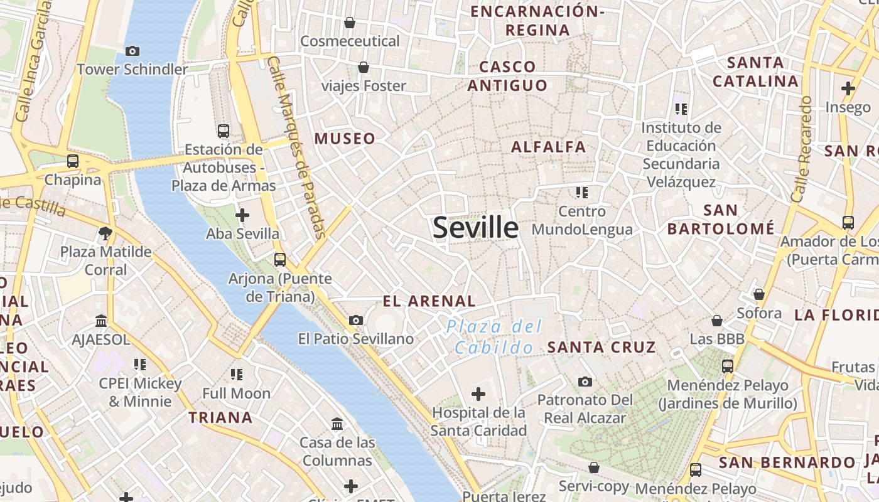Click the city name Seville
click(475, 227)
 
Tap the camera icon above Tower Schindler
click(132, 51)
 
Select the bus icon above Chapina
click(73, 161)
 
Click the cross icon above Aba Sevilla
click(242, 215)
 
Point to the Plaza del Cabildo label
click(494, 337)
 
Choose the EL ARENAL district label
click(429, 301)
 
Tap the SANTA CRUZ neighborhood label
click(601, 347)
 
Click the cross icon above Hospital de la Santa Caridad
click(478, 394)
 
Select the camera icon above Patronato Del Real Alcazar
click(585, 382)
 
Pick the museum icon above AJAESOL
click(101, 321)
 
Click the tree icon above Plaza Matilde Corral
click(105, 233)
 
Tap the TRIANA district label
click(220, 417)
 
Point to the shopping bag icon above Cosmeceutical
click(350, 23)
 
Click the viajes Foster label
click(364, 86)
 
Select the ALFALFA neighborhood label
click(548, 147)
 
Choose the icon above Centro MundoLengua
click(581, 192)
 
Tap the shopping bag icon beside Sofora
click(758, 294)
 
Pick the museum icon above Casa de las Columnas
click(337, 424)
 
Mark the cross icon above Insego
click(848, 88)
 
